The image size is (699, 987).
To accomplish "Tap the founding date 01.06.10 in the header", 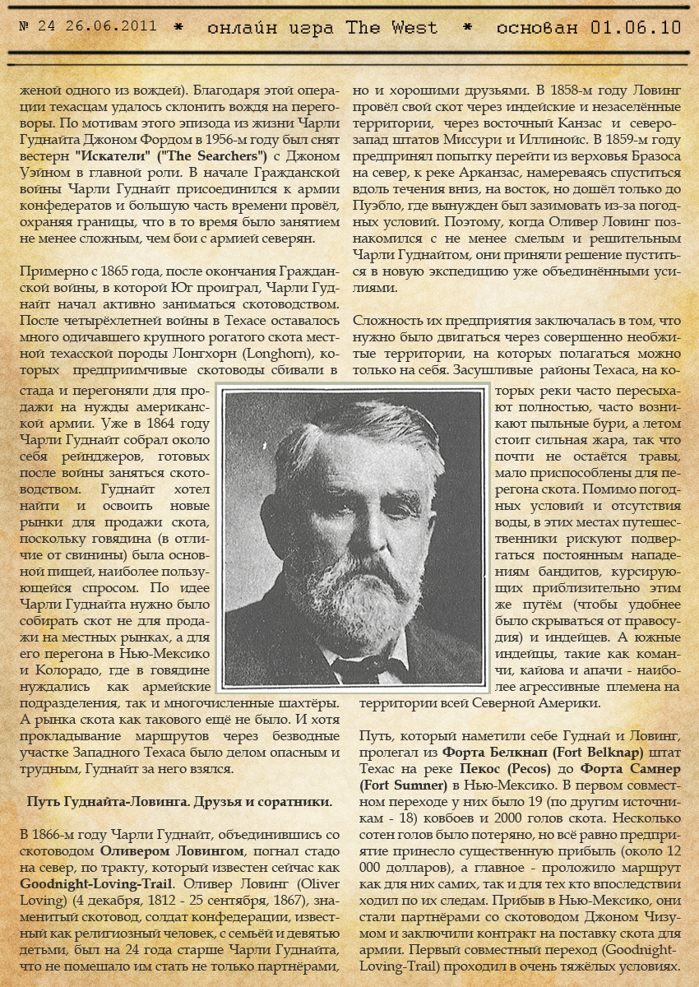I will (636, 27).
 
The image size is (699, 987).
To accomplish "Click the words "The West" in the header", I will (391, 27).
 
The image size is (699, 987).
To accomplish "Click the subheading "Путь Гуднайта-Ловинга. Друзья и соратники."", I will (179, 800).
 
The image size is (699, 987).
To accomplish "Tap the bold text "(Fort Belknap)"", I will (580, 750).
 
